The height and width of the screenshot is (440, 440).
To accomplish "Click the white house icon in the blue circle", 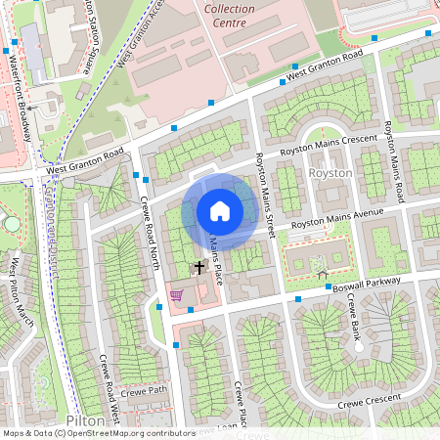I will [219, 211].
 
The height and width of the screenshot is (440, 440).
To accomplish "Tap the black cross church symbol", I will [199, 266].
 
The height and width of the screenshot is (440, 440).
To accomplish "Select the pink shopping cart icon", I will [177, 294].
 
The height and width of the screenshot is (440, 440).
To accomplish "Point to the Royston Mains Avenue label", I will [338, 220].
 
